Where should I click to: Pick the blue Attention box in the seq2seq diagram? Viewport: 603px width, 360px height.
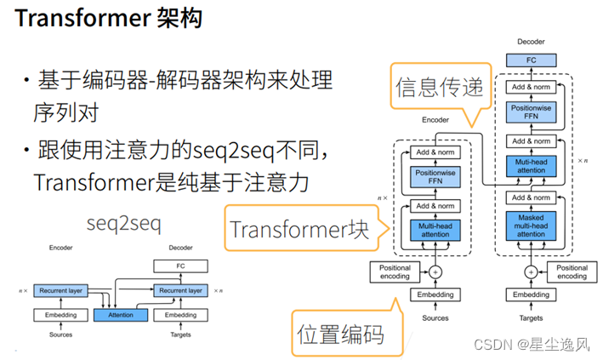(x=121, y=315)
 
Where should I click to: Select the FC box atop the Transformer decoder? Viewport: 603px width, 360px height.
(x=530, y=60)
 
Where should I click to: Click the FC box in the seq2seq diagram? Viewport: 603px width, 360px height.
(x=179, y=266)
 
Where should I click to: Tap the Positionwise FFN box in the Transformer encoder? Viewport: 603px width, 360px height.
(x=435, y=177)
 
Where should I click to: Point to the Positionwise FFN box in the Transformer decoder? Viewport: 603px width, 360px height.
(x=530, y=111)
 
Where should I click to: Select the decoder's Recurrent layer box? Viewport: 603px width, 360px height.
(x=179, y=290)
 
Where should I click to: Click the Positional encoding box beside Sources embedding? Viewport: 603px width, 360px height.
(x=394, y=272)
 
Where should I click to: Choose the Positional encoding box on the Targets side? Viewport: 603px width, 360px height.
(x=571, y=272)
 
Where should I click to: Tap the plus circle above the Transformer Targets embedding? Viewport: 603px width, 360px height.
(x=530, y=272)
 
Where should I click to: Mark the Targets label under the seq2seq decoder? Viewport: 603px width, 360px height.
(x=179, y=334)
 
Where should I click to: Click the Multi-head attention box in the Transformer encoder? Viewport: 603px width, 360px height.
(x=435, y=229)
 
